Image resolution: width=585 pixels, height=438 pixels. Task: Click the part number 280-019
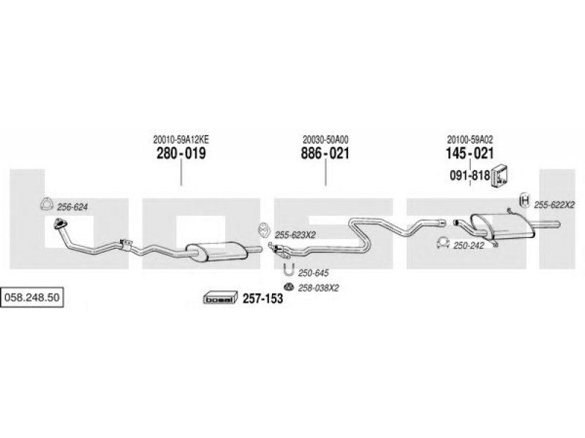coord(181,153)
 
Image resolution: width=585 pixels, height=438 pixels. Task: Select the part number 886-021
coord(325,153)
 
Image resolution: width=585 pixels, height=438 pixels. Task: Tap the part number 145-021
coord(469,153)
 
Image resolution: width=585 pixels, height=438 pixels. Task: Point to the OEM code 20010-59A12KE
coord(181,139)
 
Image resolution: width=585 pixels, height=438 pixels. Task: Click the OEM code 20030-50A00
coord(325,139)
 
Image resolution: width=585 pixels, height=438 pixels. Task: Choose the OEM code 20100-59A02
coord(469,139)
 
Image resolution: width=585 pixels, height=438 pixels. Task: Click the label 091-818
coord(469,175)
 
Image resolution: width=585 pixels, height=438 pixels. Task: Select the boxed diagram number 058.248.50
coord(31,297)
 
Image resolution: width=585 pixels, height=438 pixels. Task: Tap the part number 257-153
coord(263,299)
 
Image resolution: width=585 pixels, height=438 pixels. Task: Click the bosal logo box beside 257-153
coord(221,298)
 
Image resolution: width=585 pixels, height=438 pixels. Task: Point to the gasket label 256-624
coord(72,207)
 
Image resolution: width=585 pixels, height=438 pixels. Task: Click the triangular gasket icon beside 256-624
coord(47,204)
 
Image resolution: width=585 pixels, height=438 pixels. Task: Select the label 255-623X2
coord(295,235)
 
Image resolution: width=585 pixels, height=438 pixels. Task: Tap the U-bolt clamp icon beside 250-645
coord(289,269)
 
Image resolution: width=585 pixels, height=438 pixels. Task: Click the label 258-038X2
coord(318,288)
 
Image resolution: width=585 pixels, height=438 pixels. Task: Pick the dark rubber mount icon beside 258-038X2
coord(288,287)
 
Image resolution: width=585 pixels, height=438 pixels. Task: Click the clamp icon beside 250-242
coord(442,242)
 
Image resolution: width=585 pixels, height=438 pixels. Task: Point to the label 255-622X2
coord(554,205)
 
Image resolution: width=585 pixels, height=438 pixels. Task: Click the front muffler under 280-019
coord(217,251)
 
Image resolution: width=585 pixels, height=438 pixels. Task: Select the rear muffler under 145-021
coord(502,226)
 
